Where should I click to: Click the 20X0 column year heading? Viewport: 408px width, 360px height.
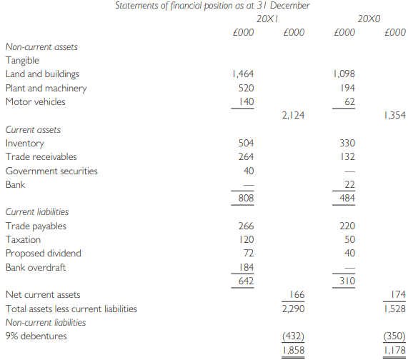coord(369,19)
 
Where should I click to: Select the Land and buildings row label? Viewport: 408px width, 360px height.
coord(42,74)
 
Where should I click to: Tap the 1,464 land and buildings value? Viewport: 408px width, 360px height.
coord(243,74)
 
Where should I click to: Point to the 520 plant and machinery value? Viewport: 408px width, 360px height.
coord(245,89)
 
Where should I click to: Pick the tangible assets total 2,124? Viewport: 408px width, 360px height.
coord(293,116)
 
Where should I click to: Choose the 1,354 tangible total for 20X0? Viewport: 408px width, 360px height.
coord(394,116)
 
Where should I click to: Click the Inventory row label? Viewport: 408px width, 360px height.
coord(24,144)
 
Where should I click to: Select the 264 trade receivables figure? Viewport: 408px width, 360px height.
coord(245,157)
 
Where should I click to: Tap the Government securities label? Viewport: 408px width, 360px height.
coord(51,171)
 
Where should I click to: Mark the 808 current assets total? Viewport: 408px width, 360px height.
coord(245,198)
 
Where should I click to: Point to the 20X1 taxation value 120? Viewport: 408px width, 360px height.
coord(245,239)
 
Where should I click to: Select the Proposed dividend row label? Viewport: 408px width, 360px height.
coord(43,254)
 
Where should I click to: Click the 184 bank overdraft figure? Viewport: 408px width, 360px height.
coord(245,267)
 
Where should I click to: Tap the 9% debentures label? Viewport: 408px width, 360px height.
coord(36,336)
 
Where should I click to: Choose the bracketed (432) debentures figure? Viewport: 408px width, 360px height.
coord(294,336)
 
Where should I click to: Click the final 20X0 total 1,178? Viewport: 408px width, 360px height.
coord(394,350)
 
